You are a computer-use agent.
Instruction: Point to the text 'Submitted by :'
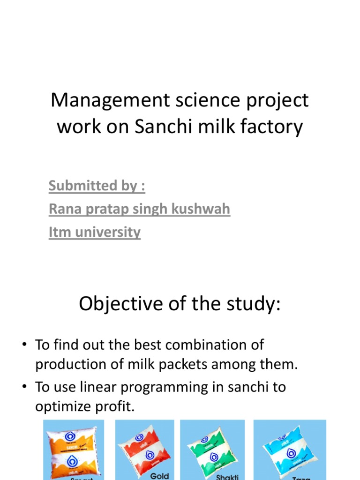97,186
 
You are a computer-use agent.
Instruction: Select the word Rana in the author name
64,209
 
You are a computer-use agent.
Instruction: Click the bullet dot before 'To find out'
23,345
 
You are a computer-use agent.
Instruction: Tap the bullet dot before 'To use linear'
23,387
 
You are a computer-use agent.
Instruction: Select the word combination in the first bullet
206,345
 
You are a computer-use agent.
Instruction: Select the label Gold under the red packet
159,476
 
